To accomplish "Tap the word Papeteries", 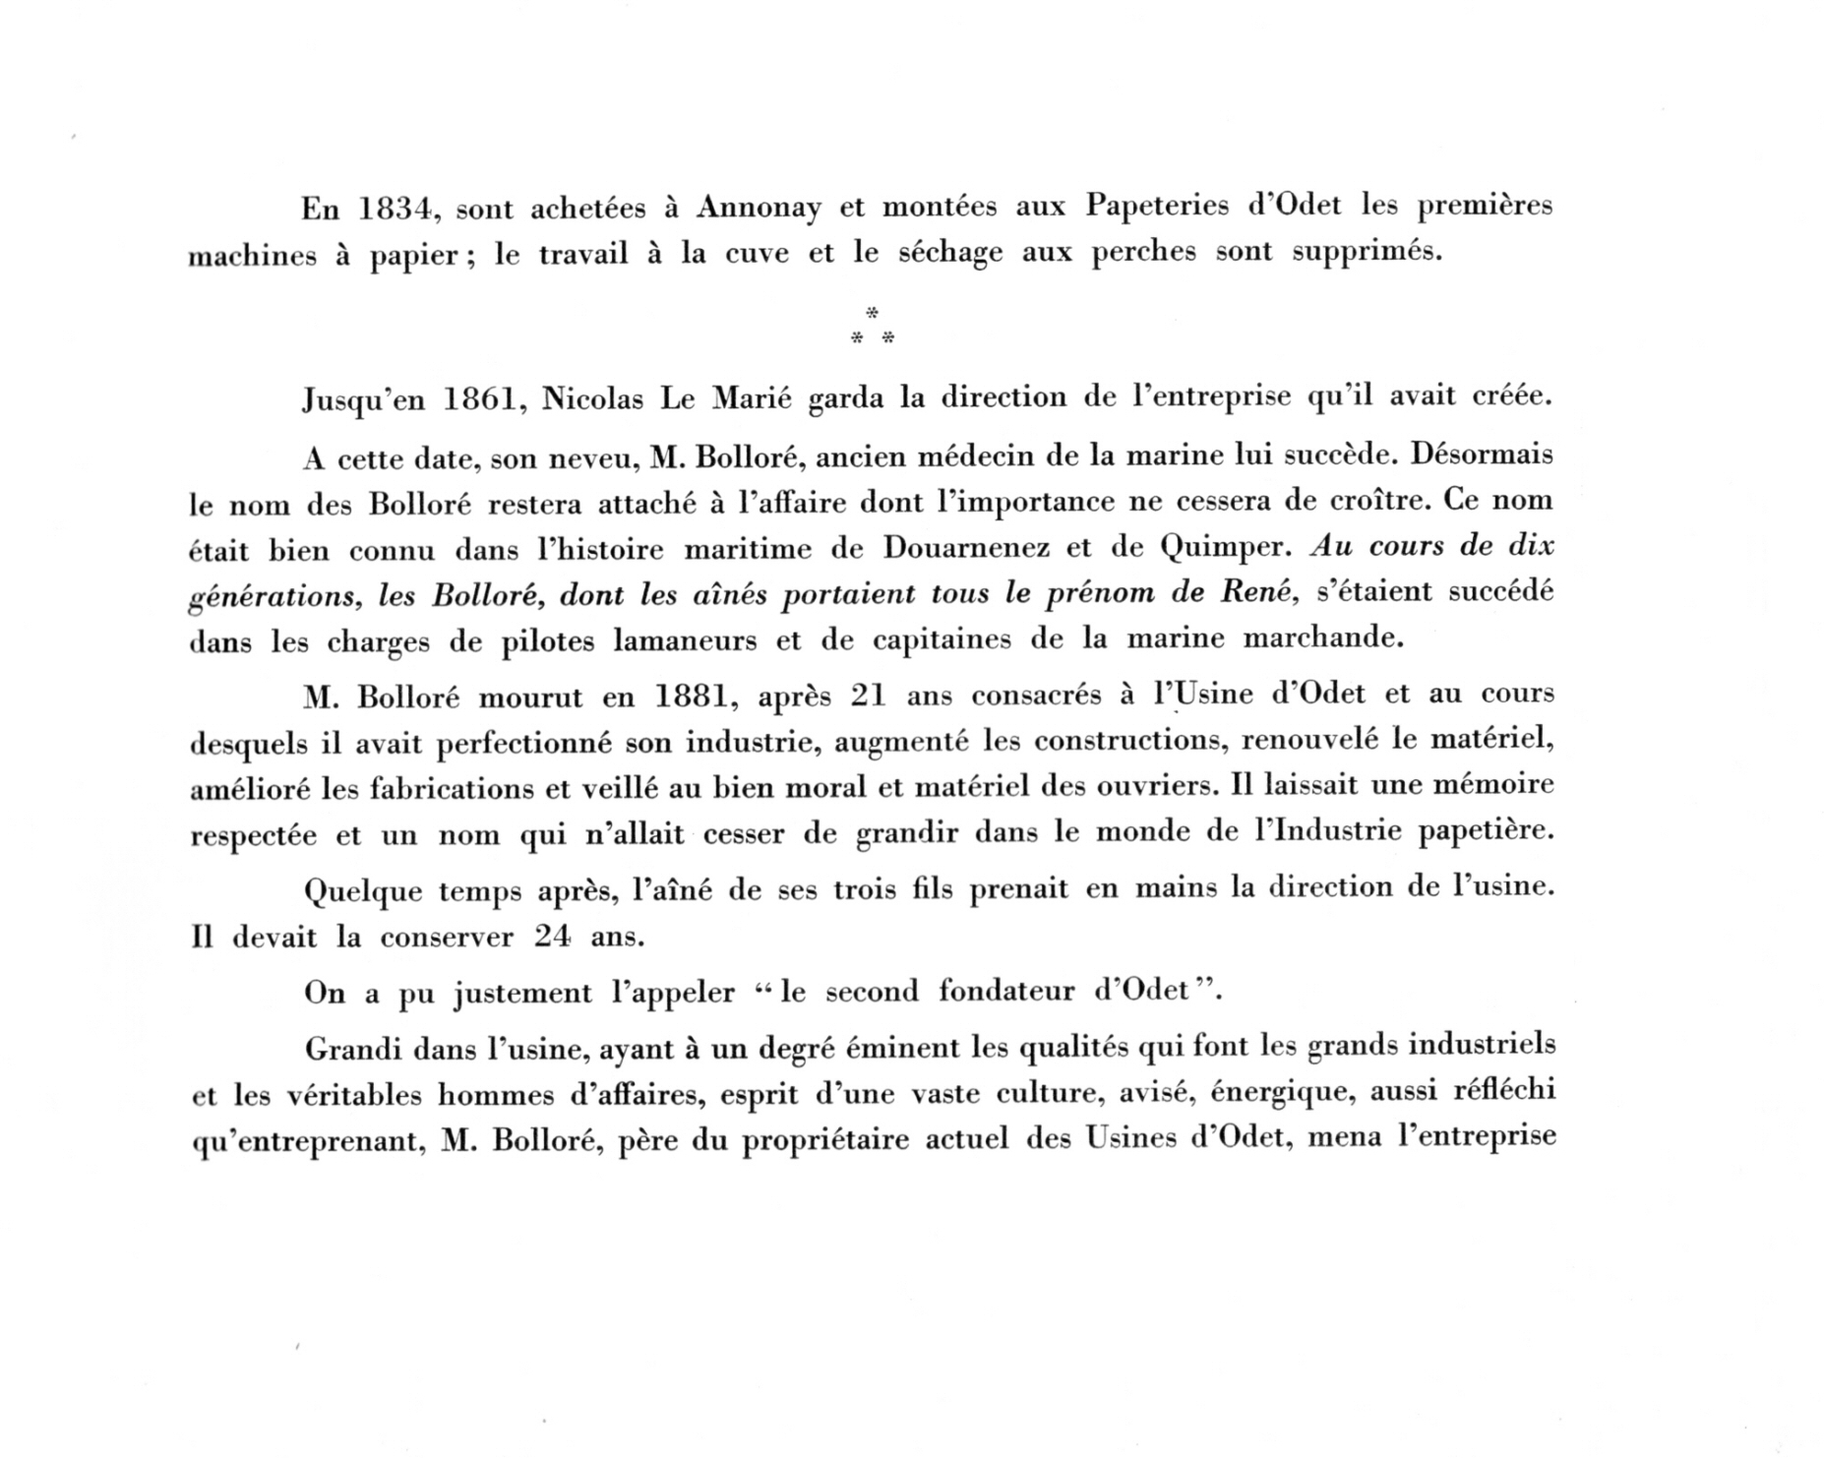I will click(1157, 207).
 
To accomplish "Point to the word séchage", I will click(950, 254).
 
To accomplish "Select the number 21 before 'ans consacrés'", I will click(869, 697).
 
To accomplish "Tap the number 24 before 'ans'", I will click(552, 936).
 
